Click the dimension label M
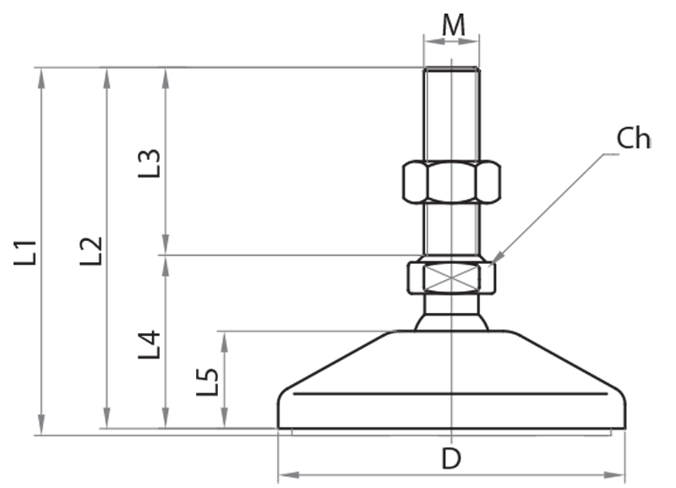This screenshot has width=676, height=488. (x=454, y=25)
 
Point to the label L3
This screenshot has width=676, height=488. (x=150, y=163)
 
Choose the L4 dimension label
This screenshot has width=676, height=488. (x=150, y=344)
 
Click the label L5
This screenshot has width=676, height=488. (x=208, y=381)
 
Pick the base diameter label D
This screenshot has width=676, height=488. (x=452, y=459)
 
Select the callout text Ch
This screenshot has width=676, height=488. (x=633, y=139)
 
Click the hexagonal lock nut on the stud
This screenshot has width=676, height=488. (x=451, y=182)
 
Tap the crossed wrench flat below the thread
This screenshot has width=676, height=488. (x=451, y=277)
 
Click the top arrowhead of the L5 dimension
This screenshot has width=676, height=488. (x=224, y=336)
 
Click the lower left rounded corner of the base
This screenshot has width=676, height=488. (x=282, y=421)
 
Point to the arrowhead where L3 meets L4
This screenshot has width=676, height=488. (x=166, y=254)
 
